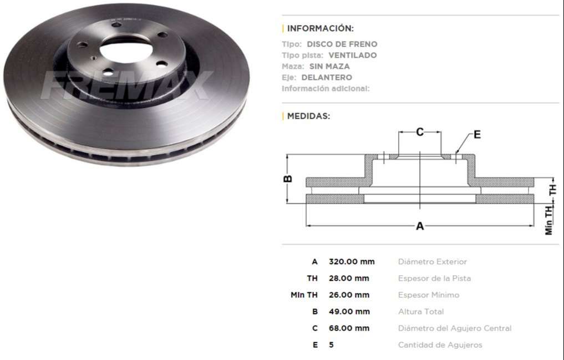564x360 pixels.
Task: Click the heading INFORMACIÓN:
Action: pos(320,28)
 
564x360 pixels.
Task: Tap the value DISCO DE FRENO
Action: pos(342,44)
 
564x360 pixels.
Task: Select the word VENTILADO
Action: pos(353,55)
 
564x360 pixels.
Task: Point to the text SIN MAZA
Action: pos(329,67)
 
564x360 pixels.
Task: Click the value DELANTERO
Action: pos(327,78)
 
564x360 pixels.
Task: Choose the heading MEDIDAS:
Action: pos(308,116)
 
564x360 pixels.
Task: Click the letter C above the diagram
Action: pos(420,132)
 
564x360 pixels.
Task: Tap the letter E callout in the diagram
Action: pos(477,134)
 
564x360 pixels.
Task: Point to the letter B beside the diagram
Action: pos(288,179)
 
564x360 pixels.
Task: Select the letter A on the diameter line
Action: pos(420,226)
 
